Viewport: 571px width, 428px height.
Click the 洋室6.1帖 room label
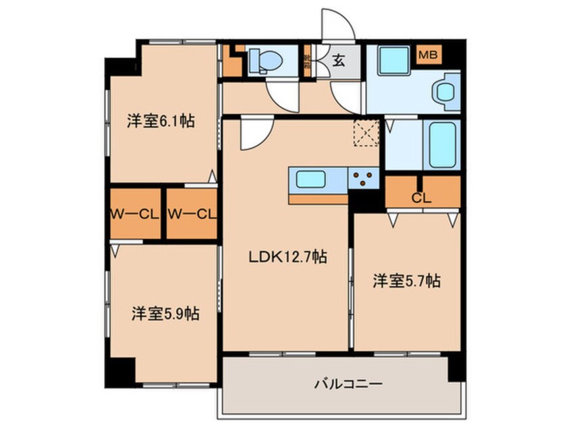(x=161, y=122)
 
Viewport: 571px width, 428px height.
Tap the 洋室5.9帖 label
(x=165, y=314)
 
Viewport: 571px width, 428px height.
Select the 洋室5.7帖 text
(x=407, y=281)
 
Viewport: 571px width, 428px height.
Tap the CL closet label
(x=422, y=198)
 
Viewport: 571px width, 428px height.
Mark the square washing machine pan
(x=390, y=61)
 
